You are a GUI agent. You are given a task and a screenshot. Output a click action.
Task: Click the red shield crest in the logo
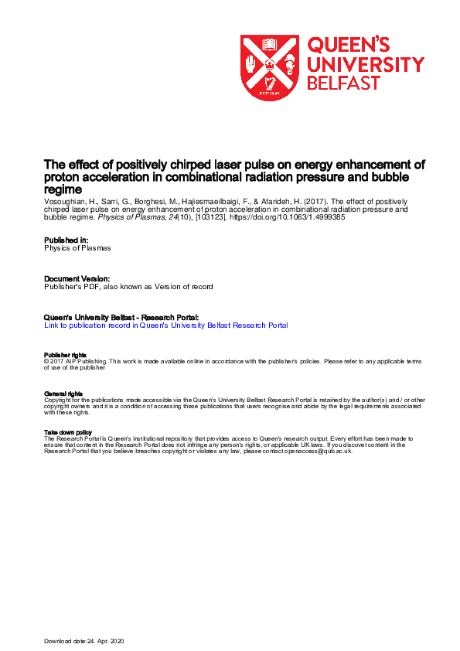(270, 67)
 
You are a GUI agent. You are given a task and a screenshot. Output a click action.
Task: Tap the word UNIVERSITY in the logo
(366, 65)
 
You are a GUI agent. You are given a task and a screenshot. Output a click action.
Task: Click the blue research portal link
(166, 325)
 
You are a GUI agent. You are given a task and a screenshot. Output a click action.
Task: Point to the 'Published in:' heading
(66, 240)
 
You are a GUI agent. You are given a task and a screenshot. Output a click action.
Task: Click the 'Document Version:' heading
(77, 278)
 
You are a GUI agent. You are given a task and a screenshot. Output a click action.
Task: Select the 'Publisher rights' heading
(64, 355)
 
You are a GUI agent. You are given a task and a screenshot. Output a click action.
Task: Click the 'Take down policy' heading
(68, 432)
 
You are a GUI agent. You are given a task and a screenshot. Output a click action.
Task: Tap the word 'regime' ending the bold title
(63, 189)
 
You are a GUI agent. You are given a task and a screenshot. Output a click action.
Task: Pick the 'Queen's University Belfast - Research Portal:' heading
(121, 317)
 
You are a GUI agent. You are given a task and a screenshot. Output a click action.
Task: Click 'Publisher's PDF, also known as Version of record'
(128, 287)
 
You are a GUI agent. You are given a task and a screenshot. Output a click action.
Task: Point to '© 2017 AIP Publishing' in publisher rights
(77, 361)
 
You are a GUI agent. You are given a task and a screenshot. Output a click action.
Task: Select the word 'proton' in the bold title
(62, 177)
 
